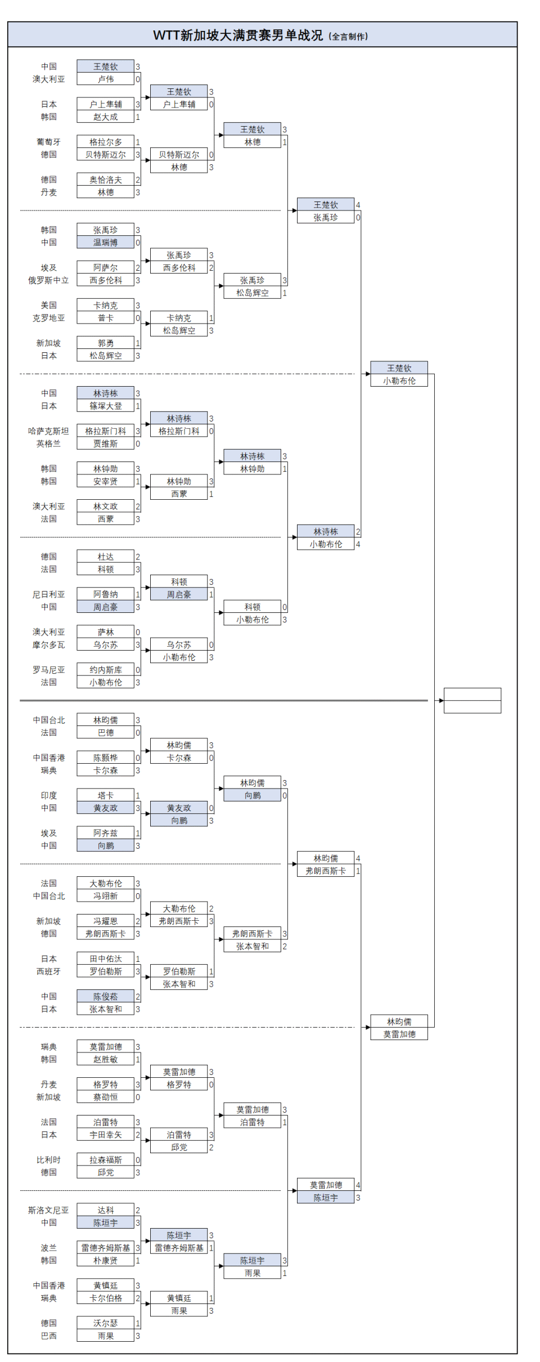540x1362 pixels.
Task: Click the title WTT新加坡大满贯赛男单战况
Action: pos(237,35)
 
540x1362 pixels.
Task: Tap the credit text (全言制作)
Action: pos(348,37)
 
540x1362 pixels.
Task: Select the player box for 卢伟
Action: pos(105,79)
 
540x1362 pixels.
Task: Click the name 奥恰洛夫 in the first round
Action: pos(105,180)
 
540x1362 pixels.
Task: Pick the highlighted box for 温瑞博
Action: pos(105,243)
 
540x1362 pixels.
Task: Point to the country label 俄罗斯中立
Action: pos(48,280)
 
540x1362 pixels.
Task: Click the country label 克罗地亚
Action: pos(48,318)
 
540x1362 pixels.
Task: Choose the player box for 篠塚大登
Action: pos(105,406)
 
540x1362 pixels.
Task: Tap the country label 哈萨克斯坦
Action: pos(48,431)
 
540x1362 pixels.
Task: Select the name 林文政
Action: pos(105,507)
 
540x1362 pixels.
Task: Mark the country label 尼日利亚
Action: pos(48,594)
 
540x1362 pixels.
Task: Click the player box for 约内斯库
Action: pos(105,670)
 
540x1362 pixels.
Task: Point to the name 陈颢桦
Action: pos(105,758)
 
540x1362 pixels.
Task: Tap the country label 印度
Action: pos(48,795)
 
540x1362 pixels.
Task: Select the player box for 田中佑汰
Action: pos(105,959)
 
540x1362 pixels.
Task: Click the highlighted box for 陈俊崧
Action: pos(105,997)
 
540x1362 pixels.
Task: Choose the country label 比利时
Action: pos(48,1160)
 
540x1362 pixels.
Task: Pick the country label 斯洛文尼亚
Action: pos(48,1210)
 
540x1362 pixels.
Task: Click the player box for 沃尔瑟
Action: pos(105,1323)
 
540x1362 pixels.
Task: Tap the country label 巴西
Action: pos(48,1336)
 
